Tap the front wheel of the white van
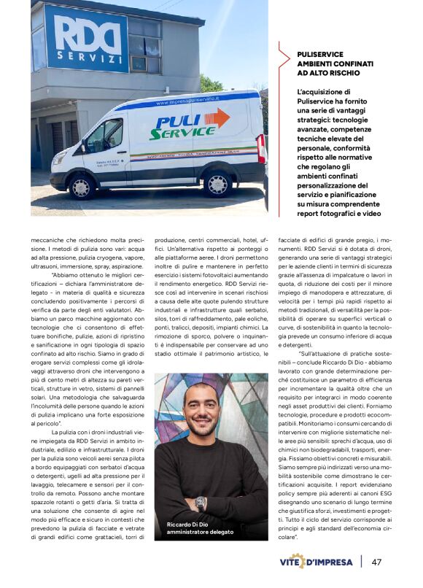(x=82, y=186)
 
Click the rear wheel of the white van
(x=217, y=182)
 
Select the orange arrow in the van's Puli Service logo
(x=217, y=117)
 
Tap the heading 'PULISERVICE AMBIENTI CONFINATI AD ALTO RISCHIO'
(x=328, y=64)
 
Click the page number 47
(x=377, y=562)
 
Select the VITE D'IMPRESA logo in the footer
(x=318, y=562)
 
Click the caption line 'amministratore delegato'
(x=200, y=533)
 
